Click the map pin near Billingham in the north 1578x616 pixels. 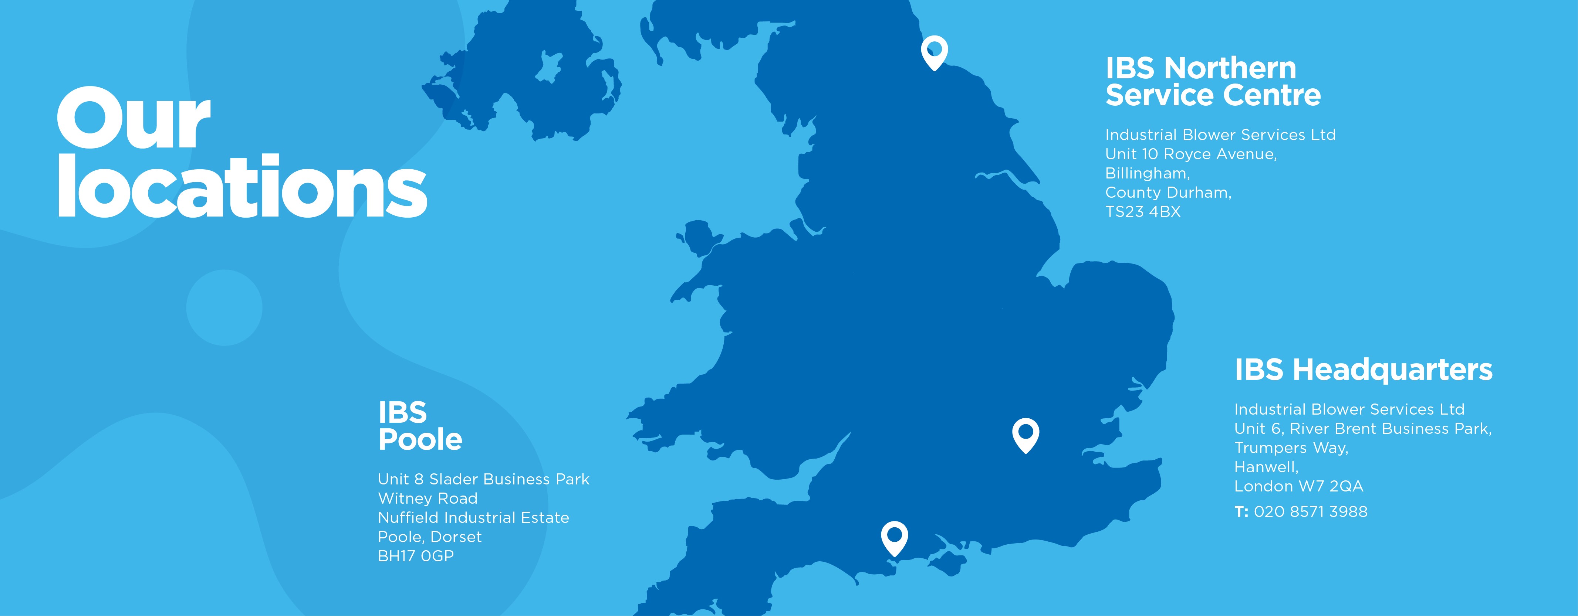[934, 51]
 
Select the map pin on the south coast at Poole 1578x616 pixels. [894, 537]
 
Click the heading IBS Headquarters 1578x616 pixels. [1363, 370]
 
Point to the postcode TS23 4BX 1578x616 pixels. [1142, 212]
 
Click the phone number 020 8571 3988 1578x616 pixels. [1310, 512]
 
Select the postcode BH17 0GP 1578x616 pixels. [416, 556]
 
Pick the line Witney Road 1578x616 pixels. [428, 498]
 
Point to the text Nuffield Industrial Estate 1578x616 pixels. [473, 517]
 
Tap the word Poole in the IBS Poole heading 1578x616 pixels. [420, 440]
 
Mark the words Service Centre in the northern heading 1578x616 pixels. [1213, 95]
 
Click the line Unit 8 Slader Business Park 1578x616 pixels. [483, 479]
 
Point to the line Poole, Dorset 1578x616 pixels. [429, 537]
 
